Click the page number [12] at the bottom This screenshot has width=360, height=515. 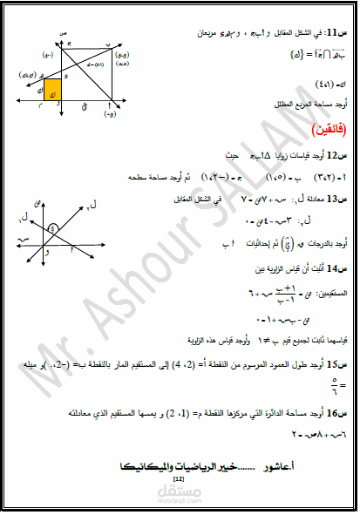(x=180, y=479)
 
